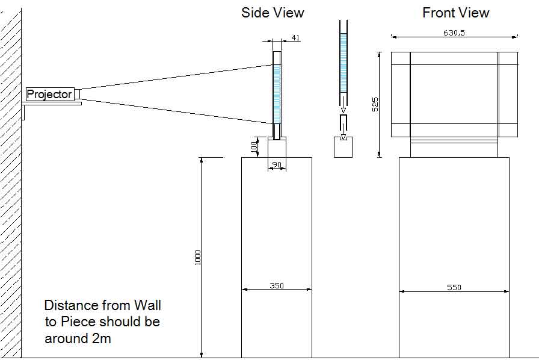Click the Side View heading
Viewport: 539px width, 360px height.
point(273,13)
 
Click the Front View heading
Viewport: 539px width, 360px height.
point(455,13)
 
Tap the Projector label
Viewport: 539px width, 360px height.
point(49,94)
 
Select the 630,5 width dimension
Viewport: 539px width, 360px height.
point(454,33)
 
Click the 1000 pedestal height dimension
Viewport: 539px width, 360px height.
point(198,258)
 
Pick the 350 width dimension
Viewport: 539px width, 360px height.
point(277,286)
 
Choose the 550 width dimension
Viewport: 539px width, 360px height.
point(454,288)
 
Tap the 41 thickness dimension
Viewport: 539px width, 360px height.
point(295,38)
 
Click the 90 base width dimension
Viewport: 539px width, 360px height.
point(277,164)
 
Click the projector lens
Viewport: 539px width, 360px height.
point(76,94)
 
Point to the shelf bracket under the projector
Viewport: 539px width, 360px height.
point(51,104)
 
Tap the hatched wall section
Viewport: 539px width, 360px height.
point(11,181)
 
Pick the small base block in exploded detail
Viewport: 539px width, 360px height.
point(343,147)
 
